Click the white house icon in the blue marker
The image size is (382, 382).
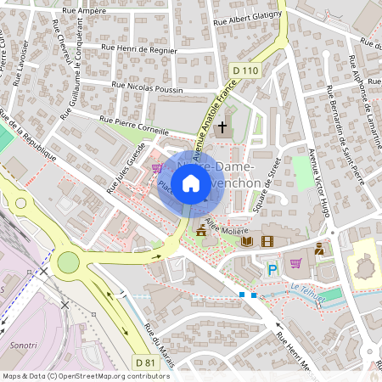pyautogui.click(x=191, y=183)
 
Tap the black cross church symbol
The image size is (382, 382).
pyautogui.click(x=223, y=128)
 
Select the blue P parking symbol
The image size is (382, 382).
pyautogui.click(x=272, y=270)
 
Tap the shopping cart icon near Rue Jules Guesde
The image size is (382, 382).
pyautogui.click(x=157, y=167)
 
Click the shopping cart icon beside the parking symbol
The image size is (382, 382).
pyautogui.click(x=295, y=263)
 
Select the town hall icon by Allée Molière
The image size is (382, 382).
pyautogui.click(x=201, y=230)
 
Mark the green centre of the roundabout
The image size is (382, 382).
pyautogui.click(x=66, y=263)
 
